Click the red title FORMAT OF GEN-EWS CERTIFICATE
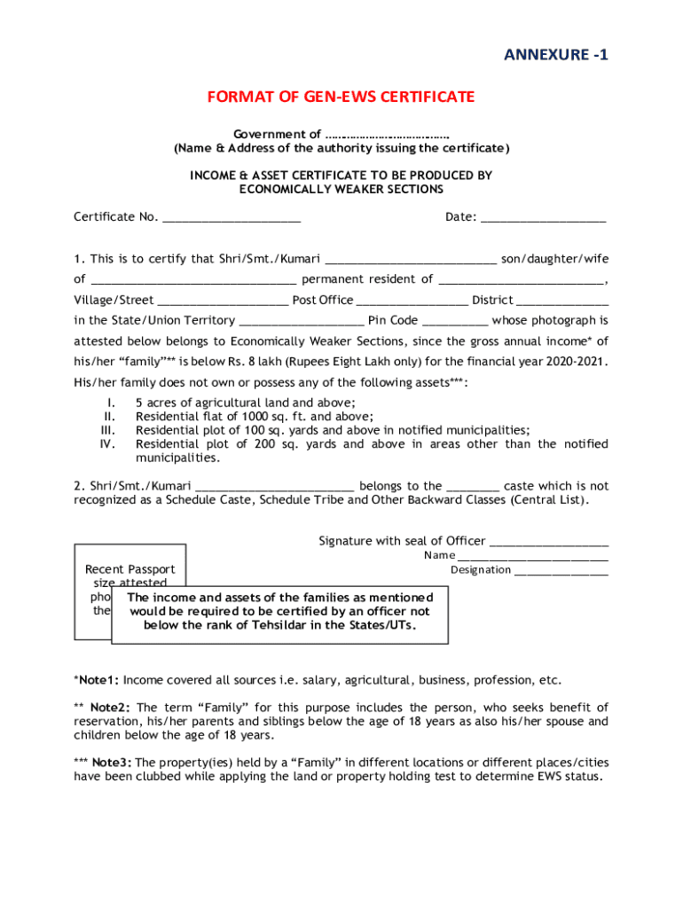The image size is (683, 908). [341, 97]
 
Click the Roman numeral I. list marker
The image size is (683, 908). [111, 402]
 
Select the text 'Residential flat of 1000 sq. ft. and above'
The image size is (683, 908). [254, 416]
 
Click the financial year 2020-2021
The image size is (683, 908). [577, 362]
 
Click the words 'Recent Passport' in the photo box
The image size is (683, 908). [130, 569]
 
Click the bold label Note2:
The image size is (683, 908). [111, 708]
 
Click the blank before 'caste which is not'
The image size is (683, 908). [473, 487]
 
